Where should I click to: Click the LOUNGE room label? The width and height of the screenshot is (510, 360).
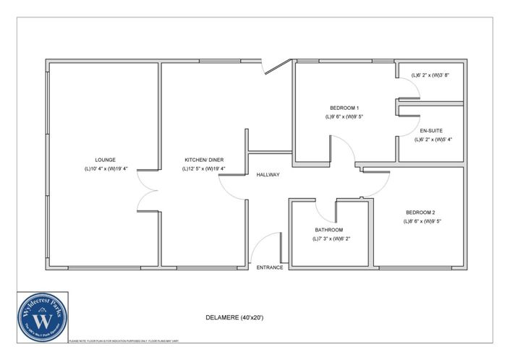105,160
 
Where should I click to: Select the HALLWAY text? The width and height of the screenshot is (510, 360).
268,175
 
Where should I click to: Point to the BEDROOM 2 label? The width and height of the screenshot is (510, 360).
422,213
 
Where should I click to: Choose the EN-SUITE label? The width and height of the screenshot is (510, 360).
431,131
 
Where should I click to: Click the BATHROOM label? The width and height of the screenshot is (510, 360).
328,230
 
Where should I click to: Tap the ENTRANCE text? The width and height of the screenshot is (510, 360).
270,268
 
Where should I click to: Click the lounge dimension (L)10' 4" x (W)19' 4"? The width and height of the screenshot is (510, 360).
105,169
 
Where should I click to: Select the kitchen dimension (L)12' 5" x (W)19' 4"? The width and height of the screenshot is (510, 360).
203,169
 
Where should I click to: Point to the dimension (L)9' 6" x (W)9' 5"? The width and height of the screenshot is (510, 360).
343,116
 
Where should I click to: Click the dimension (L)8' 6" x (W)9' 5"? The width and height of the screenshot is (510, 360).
422,222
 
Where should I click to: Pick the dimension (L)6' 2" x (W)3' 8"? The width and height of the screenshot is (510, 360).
431,75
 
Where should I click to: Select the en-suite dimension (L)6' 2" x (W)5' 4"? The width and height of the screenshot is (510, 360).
433,140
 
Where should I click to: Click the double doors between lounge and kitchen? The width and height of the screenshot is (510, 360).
148,194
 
